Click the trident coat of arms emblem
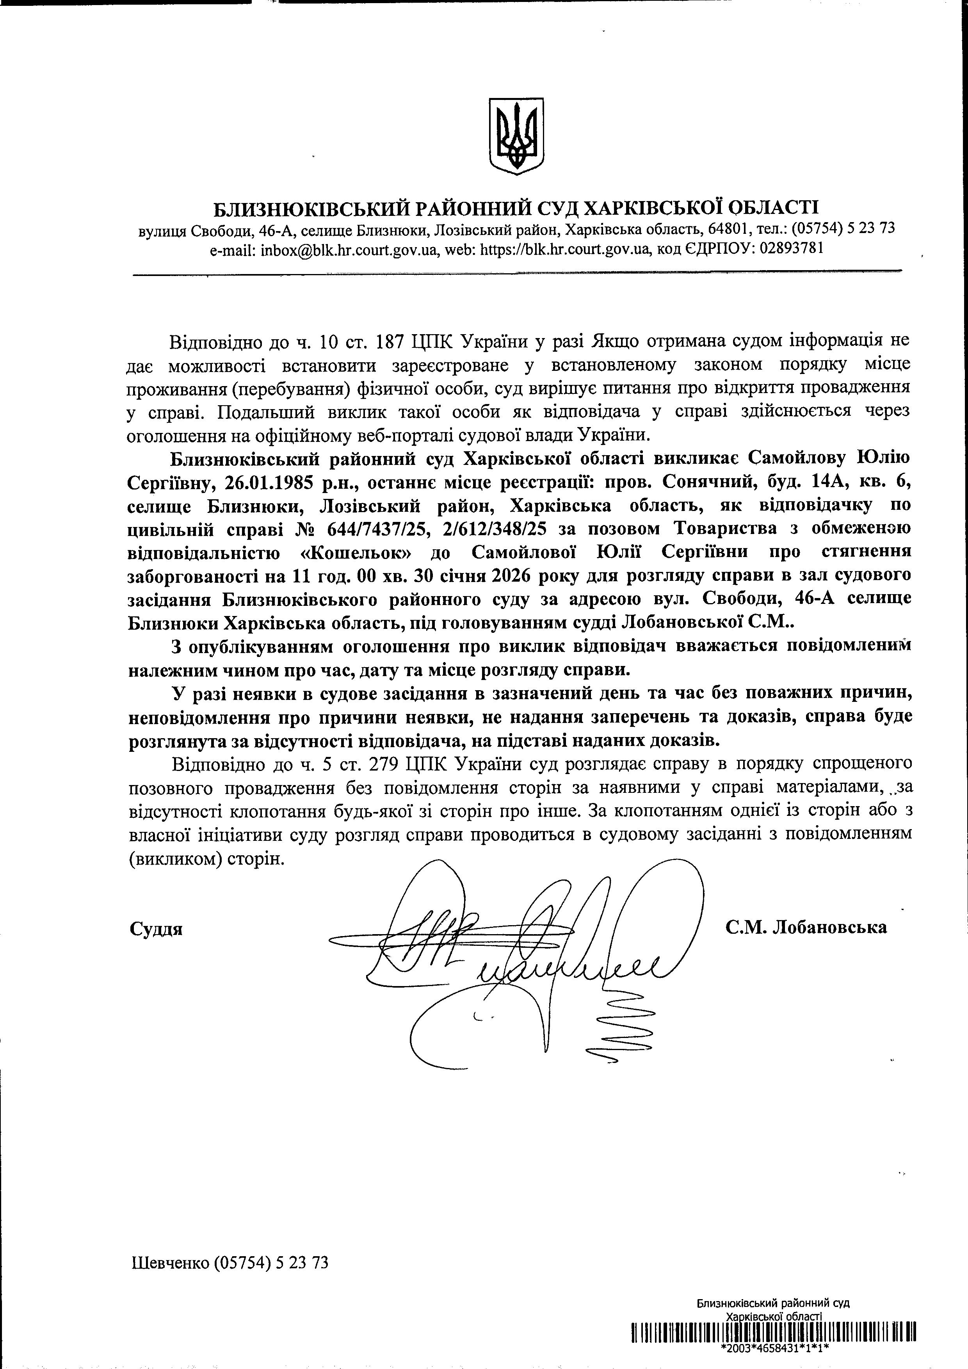point(516,136)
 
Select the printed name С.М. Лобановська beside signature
point(806,927)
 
